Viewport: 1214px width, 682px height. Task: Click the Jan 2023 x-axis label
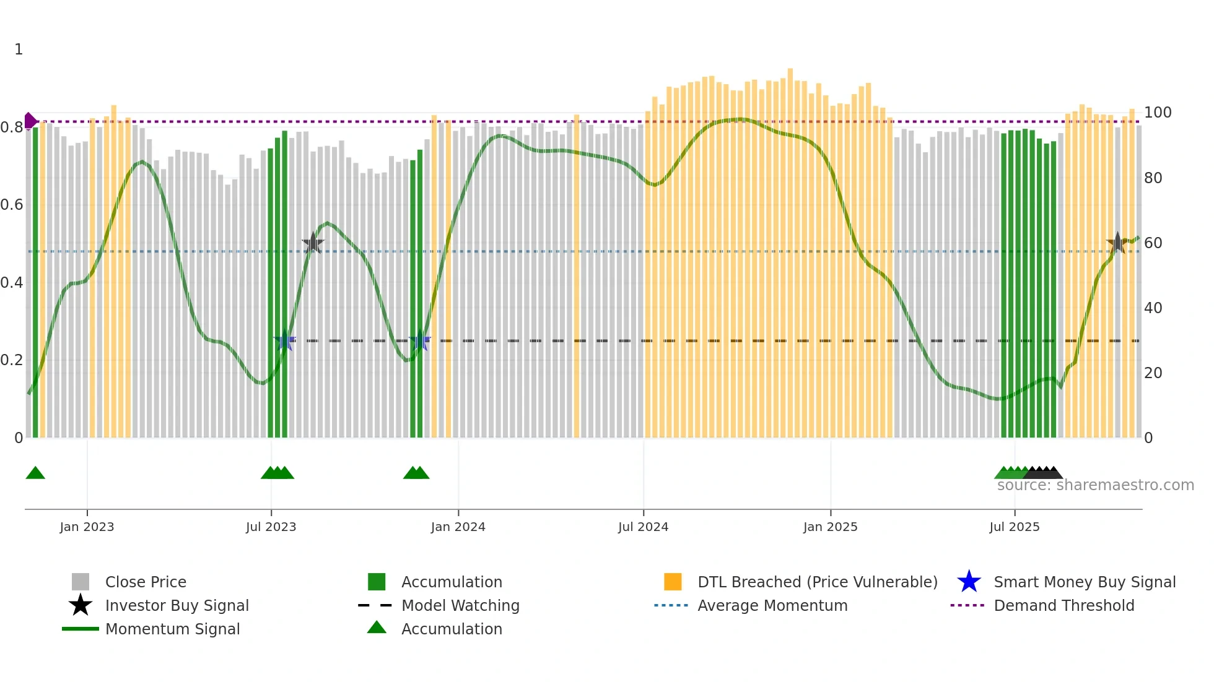tap(87, 527)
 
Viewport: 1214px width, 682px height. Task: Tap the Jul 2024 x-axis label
tap(643, 527)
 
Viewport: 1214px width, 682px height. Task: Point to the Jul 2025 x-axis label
tap(1014, 527)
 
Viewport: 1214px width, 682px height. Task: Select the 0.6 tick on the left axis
tap(12, 205)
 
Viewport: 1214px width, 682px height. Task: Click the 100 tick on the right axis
tap(1157, 113)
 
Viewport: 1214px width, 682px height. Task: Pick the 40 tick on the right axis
tap(1153, 308)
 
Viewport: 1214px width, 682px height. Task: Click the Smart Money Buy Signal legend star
tap(969, 582)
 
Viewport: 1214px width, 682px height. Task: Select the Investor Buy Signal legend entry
tap(177, 605)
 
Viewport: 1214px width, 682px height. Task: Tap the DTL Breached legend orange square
tap(673, 582)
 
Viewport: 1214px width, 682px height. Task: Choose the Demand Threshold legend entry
tap(1063, 605)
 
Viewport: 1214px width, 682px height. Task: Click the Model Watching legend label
tap(460, 605)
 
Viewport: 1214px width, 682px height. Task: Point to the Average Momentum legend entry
tap(772, 605)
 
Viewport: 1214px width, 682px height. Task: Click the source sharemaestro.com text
tap(1095, 485)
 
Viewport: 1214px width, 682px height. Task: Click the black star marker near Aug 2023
tap(313, 243)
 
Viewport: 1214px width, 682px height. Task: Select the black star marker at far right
tap(1117, 243)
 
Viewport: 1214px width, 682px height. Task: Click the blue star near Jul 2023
tap(285, 340)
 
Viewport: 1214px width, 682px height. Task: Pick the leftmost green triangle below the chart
tap(35, 473)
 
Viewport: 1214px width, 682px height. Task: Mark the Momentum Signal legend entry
tap(172, 629)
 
